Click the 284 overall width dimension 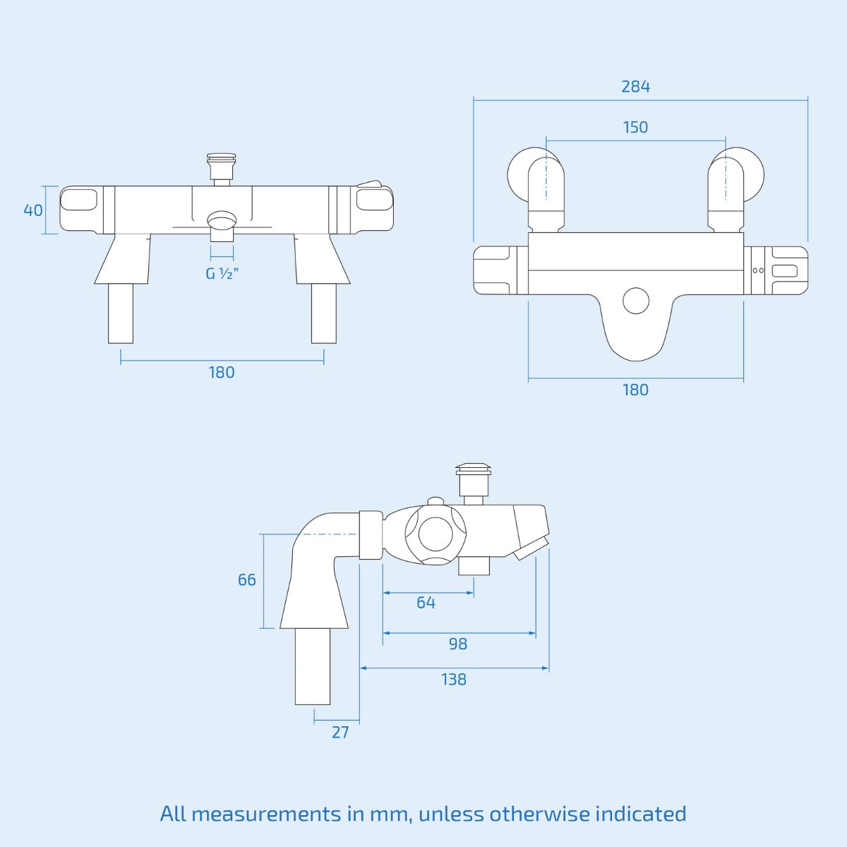(635, 87)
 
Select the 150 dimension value (635, 128)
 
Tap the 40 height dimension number (33, 210)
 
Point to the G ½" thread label (222, 273)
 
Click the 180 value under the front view (222, 373)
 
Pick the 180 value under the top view (635, 390)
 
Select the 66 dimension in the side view (247, 580)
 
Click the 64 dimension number (426, 603)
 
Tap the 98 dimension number (458, 644)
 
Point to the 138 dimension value (454, 680)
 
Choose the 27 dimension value (340, 733)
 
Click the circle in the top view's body (636, 301)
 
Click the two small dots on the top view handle (758, 270)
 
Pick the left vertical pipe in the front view (121, 313)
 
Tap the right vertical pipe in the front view (324, 313)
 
